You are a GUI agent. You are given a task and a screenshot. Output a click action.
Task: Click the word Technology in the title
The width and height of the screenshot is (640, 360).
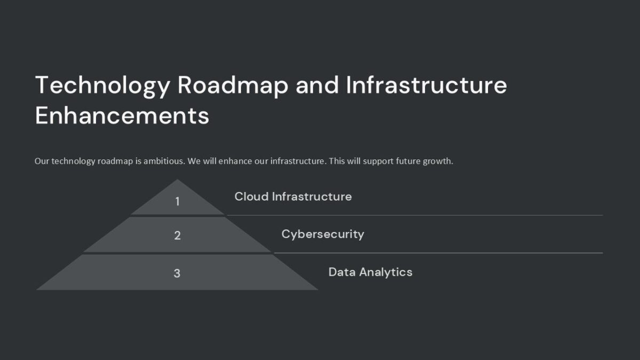point(103,85)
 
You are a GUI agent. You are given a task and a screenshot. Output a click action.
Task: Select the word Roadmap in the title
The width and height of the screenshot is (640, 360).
point(233,85)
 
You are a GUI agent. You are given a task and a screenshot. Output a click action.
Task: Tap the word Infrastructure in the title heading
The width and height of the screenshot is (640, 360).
point(426,85)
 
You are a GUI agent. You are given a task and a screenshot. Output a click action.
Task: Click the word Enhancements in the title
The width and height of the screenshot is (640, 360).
point(122,116)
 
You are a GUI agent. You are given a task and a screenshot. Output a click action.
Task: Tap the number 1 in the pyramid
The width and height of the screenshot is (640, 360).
point(177,202)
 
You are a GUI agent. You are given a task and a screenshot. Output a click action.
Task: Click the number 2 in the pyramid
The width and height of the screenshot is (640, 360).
point(177,235)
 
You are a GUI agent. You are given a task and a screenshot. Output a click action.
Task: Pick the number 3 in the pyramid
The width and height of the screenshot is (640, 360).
point(177,273)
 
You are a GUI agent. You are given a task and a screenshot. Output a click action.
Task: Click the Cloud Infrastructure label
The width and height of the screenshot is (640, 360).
point(293,196)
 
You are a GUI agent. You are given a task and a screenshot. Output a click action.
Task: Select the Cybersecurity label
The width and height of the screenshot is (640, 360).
point(323,234)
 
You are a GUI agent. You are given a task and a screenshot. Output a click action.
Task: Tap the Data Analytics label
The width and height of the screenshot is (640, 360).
point(370,272)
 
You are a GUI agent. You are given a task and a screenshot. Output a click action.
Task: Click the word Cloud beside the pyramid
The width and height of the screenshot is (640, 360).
point(251,196)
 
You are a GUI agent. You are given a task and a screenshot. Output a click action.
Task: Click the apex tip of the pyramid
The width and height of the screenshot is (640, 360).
point(177,181)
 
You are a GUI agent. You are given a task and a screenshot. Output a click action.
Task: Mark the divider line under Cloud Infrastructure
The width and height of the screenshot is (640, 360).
point(414,215)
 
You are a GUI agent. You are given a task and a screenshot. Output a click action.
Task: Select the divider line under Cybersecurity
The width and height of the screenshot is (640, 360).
point(438,253)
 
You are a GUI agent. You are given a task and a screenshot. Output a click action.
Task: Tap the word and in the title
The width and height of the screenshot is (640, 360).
point(317,85)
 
